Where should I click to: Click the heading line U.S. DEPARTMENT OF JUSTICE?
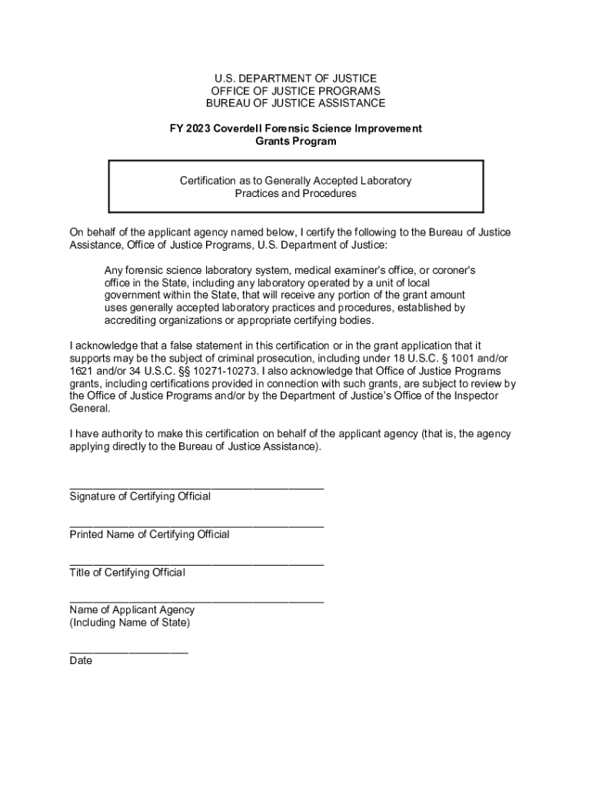[295, 78]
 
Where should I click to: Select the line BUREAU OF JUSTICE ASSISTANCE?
[295, 103]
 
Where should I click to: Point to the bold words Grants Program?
[295, 142]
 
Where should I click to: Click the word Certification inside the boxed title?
[211, 181]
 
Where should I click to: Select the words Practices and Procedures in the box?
[295, 194]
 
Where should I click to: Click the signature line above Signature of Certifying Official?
[196, 487]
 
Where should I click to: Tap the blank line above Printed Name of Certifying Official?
[196, 525]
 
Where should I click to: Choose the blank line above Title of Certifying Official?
[196, 563]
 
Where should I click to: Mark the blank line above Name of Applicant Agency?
[196, 600]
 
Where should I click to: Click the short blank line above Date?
[128, 650]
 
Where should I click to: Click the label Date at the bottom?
[81, 660]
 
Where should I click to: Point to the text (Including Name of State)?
[129, 623]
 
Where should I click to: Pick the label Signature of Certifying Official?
[140, 496]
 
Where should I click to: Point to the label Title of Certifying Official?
[128, 573]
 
